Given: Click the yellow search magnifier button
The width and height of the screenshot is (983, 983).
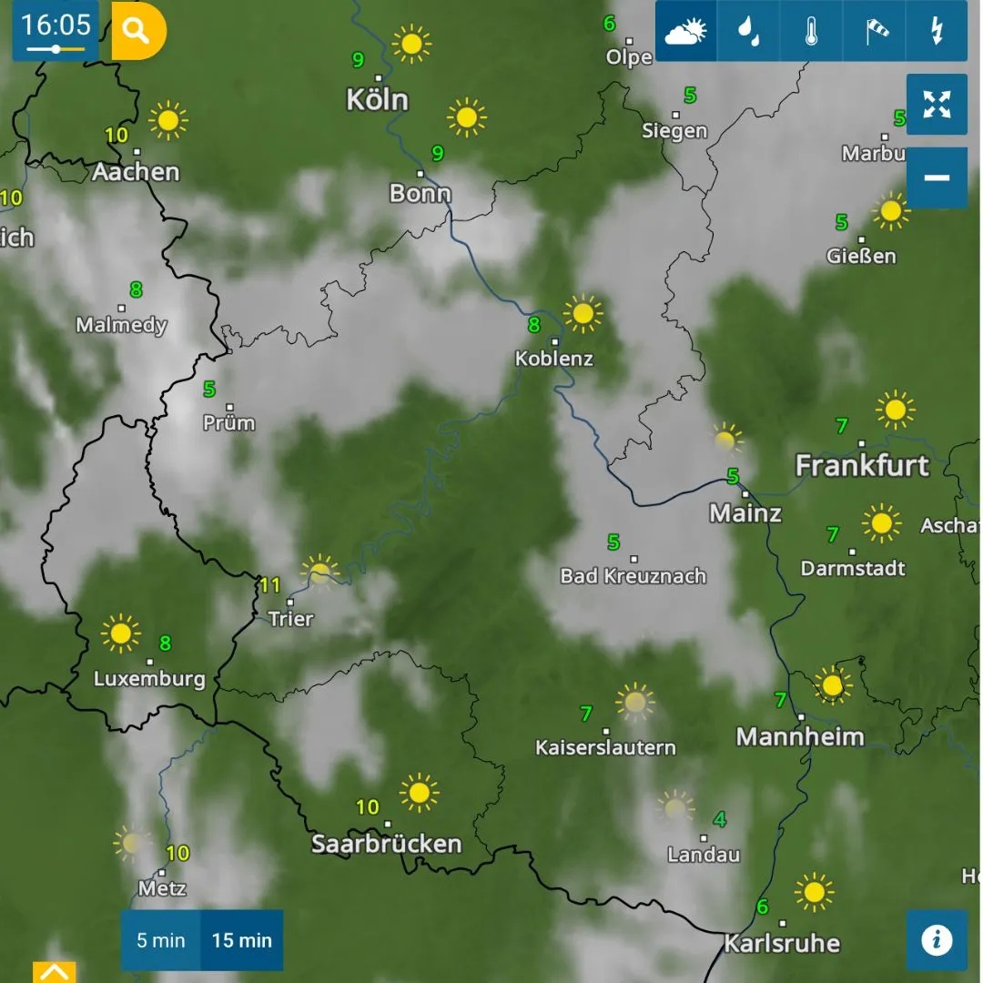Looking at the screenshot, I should tap(137, 31).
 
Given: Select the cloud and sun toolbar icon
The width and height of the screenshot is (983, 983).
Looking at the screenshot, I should tap(685, 32).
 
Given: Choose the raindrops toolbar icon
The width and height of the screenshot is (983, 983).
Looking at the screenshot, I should tap(748, 32).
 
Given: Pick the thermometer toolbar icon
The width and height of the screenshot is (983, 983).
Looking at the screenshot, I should tap(811, 32).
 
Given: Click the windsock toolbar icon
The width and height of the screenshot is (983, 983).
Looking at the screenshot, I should tap(874, 32).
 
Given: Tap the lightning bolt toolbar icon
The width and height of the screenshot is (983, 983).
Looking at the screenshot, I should tap(936, 32).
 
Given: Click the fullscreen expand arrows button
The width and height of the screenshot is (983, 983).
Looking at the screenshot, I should tap(937, 104).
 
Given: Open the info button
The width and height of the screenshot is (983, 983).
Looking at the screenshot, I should tap(937, 939).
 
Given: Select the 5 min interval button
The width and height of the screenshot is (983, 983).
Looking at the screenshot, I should tap(161, 940).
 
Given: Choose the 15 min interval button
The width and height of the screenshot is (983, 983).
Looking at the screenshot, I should tap(242, 940).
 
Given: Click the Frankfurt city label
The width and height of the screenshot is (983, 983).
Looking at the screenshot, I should tap(862, 466).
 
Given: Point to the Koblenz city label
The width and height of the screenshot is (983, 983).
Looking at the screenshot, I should tap(554, 359).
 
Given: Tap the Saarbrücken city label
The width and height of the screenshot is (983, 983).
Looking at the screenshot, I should tap(387, 844).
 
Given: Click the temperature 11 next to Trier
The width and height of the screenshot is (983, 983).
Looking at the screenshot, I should tap(270, 585).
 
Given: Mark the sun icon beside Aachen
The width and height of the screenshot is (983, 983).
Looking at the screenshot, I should tap(167, 120).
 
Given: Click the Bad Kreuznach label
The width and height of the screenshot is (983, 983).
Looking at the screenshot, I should tap(633, 576).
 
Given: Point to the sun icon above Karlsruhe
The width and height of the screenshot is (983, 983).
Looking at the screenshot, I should tap(814, 892).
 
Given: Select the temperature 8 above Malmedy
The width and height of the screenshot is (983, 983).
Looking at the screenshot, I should tap(137, 290).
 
